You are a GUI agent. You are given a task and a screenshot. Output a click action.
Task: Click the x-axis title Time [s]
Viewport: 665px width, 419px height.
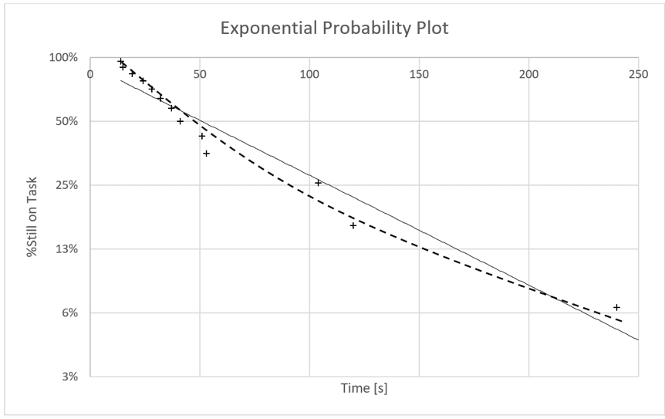click(x=364, y=388)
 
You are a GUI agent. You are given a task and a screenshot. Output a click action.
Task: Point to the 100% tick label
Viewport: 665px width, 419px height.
click(x=64, y=58)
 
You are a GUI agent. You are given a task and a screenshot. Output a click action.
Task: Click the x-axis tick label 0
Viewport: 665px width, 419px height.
click(x=90, y=74)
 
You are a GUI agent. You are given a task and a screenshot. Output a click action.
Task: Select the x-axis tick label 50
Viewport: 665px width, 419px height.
click(x=200, y=74)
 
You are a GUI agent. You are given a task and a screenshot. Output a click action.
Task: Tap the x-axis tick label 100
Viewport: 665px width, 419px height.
click(x=309, y=74)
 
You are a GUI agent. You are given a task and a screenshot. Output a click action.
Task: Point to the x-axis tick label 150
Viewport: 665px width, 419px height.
click(x=419, y=74)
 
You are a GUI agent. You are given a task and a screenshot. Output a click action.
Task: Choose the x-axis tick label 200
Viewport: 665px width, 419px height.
click(x=528, y=74)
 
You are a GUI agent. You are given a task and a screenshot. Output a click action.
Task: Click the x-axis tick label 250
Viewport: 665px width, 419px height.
click(x=638, y=74)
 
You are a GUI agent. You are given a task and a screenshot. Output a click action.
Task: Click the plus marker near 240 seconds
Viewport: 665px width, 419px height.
click(x=616, y=307)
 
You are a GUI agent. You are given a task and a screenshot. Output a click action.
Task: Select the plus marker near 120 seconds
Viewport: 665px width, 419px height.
click(x=353, y=225)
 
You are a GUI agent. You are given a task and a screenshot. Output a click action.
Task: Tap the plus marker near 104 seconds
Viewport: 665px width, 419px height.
click(x=318, y=183)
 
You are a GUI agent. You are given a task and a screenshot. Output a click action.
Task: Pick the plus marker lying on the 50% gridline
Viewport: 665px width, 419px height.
click(x=181, y=121)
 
